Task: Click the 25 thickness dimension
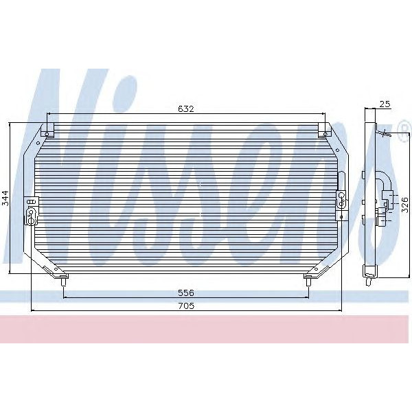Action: [x=385, y=104]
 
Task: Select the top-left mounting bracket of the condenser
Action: [x=47, y=130]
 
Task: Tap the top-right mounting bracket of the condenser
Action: [x=323, y=130]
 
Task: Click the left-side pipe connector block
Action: [x=32, y=210]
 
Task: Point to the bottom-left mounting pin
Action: [x=64, y=280]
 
